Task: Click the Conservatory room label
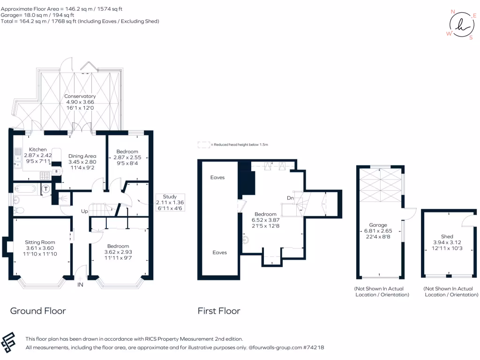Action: tap(80, 96)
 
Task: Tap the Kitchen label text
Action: tap(38, 150)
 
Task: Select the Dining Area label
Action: tap(82, 156)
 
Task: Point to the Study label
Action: tap(170, 196)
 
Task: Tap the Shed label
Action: tap(447, 236)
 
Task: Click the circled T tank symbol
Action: tap(46, 189)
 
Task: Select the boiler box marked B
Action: tap(57, 172)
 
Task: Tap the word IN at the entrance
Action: tap(80, 285)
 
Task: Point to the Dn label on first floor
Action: tap(290, 198)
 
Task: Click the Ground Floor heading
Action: tap(38, 311)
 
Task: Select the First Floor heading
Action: tap(219, 311)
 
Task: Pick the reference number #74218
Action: tap(314, 348)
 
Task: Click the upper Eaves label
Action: tap(217, 178)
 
